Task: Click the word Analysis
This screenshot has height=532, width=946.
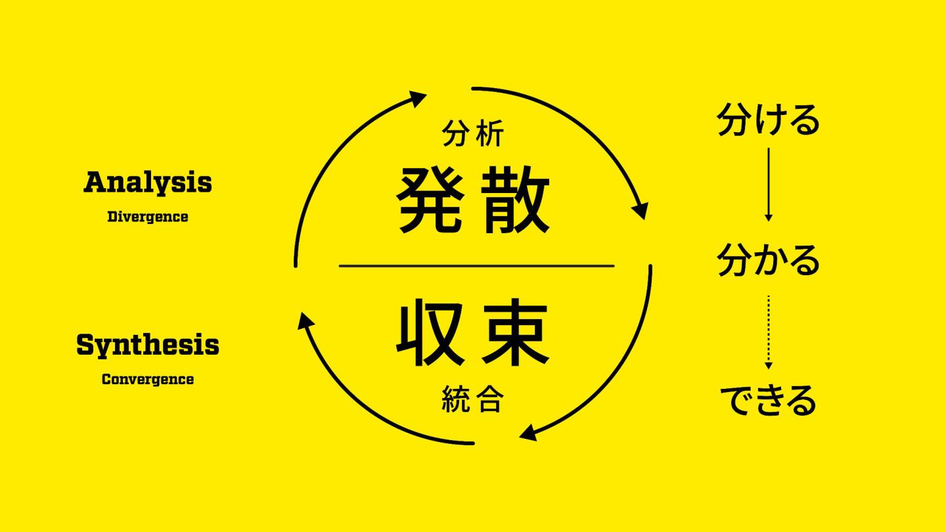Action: (x=148, y=182)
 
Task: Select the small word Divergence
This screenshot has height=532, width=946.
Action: (x=148, y=217)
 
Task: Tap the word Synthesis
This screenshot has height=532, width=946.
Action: (x=148, y=345)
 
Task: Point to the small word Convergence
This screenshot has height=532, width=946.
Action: (x=148, y=380)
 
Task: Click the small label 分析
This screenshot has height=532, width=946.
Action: (x=473, y=135)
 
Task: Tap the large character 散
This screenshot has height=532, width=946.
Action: (x=516, y=200)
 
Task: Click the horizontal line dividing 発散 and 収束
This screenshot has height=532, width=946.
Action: (x=476, y=266)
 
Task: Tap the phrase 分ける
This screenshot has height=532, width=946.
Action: (x=769, y=120)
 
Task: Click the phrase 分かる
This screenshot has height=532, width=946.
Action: (x=769, y=260)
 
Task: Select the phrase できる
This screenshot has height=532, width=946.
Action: (x=769, y=400)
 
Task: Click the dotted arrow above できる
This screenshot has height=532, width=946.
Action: (x=769, y=332)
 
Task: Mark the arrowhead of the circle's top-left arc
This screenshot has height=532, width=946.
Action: (x=417, y=99)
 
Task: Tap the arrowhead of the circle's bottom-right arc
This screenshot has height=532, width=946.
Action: (x=528, y=433)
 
